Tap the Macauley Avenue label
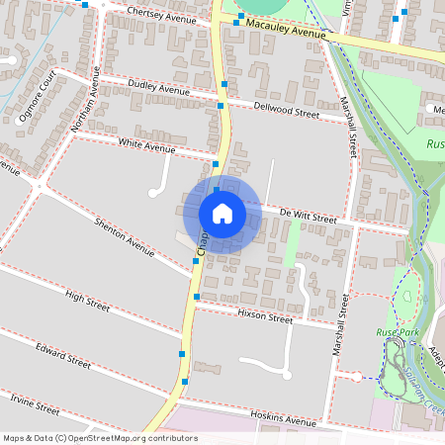pyautogui.click(x=286, y=27)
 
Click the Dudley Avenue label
pyautogui.click(x=159, y=89)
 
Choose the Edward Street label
pyautogui.click(x=63, y=356)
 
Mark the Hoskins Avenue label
pyautogui.click(x=283, y=418)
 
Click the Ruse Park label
pyautogui.click(x=399, y=332)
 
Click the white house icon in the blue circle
pyautogui.click(x=222, y=214)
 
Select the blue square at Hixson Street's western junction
pyautogui.click(x=197, y=296)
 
